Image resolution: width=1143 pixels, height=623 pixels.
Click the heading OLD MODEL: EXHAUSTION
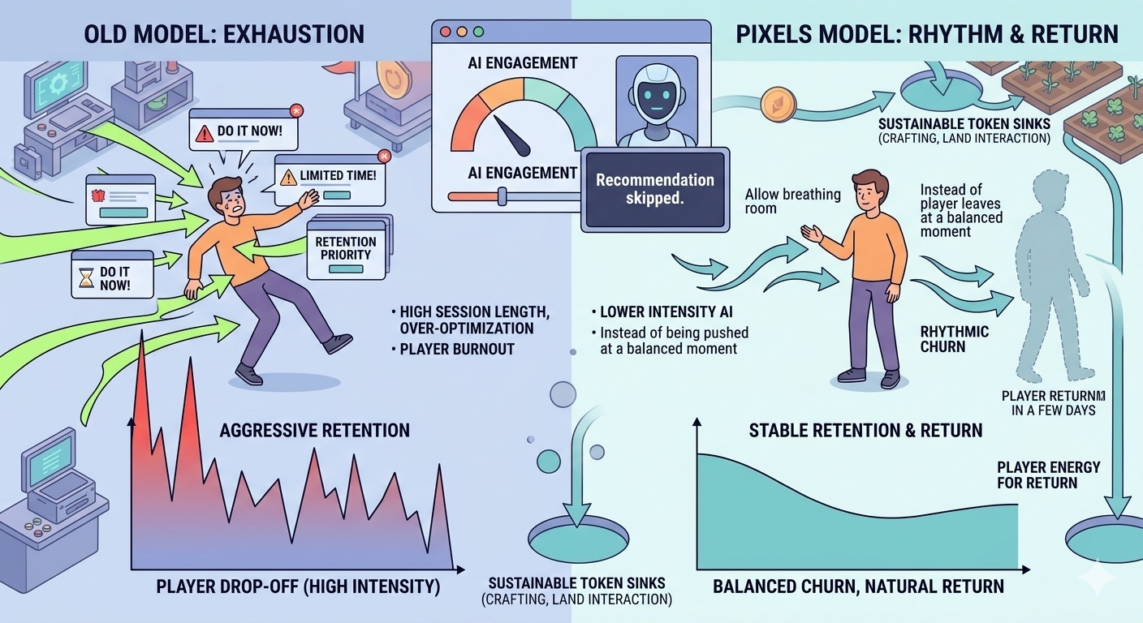223,34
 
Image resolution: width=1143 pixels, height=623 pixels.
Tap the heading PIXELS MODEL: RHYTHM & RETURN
926,34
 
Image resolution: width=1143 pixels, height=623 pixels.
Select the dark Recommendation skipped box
654,188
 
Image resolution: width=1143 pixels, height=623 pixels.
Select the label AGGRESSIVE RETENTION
314,430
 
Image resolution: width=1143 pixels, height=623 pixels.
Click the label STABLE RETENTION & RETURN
865,430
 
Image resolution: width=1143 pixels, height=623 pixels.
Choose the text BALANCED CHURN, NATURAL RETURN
858,586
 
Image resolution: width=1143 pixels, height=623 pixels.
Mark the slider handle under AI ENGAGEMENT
502,195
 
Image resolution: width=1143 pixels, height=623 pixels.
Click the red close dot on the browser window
445,32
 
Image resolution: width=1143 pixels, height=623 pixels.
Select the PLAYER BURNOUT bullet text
451,350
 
